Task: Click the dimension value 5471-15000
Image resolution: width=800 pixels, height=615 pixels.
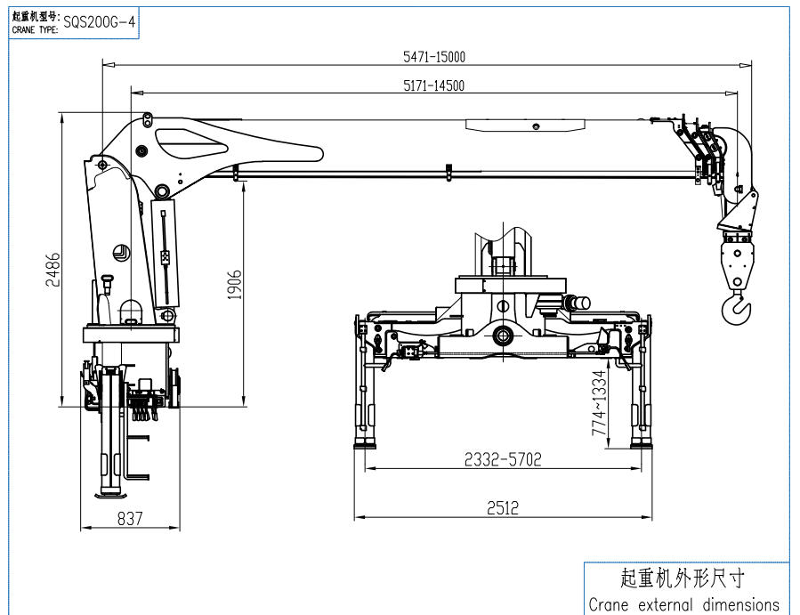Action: tap(434, 56)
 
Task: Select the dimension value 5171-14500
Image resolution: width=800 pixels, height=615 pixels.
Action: tap(434, 85)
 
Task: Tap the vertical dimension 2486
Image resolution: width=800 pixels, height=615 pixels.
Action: tap(53, 270)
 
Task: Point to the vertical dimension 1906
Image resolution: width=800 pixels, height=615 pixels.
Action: tap(235, 285)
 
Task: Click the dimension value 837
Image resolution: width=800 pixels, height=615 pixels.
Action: tap(130, 519)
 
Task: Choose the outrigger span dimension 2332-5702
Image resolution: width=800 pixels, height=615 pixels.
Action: tap(503, 459)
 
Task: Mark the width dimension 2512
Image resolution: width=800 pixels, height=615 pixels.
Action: tap(503, 508)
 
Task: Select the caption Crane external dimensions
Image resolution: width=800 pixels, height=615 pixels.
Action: tap(683, 604)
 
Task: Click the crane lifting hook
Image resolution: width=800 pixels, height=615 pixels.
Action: tap(737, 308)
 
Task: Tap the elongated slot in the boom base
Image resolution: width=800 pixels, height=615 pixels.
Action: tap(236, 142)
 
